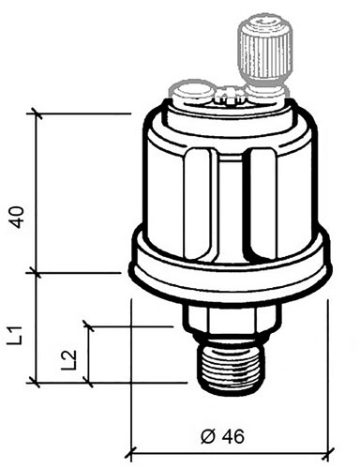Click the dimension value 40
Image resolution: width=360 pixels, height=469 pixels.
click(18, 217)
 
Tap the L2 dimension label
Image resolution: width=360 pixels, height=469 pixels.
click(68, 360)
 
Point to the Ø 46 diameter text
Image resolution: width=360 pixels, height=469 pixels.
click(222, 436)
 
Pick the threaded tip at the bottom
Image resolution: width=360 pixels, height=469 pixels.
click(232, 370)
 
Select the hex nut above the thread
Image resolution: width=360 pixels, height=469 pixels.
click(232, 318)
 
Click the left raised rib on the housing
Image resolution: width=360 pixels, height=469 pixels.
click(200, 204)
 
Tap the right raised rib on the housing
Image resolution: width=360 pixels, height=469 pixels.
click(263, 204)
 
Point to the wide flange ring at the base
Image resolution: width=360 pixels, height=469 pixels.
click(231, 272)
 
